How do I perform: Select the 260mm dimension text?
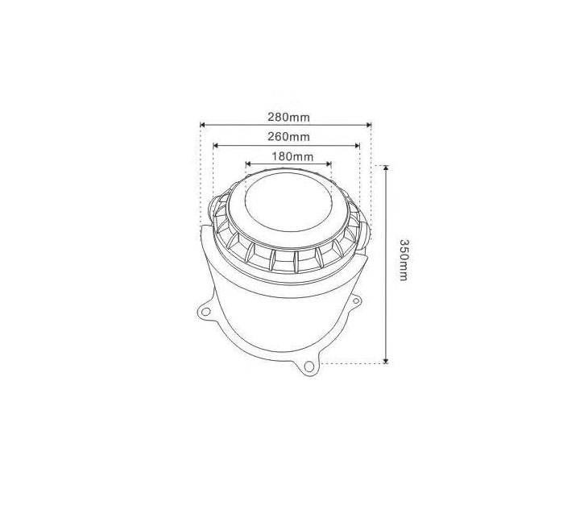click(x=286, y=137)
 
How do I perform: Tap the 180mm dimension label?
click(x=288, y=156)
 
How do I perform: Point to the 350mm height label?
click(x=404, y=260)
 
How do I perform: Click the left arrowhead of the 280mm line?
click(x=203, y=125)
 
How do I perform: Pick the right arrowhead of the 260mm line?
click(x=357, y=145)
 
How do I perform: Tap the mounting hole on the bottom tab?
click(x=308, y=367)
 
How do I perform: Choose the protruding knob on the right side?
click(x=368, y=234)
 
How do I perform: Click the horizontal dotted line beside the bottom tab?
click(x=354, y=365)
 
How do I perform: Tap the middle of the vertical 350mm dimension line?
click(x=387, y=265)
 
